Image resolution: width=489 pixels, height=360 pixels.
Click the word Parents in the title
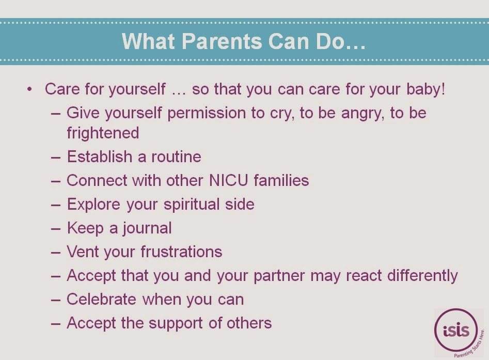click(x=222, y=41)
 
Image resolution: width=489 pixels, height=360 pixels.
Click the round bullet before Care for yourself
click(x=29, y=89)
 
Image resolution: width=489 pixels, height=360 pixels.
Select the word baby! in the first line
click(x=425, y=89)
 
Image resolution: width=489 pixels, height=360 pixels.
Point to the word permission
click(x=207, y=113)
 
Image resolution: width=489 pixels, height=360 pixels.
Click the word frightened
click(x=103, y=133)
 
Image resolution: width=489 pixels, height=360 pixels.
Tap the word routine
click(x=176, y=156)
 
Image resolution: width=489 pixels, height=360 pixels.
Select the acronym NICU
click(x=229, y=180)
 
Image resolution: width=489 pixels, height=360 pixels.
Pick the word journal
click(x=147, y=228)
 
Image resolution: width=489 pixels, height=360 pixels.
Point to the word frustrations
click(x=182, y=252)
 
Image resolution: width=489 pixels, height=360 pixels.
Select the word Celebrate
click(x=101, y=299)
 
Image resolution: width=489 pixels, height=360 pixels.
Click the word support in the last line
click(x=176, y=323)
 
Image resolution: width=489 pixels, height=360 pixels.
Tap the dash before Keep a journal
click(x=56, y=229)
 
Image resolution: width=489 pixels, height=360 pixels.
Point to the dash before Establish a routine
click(x=56, y=157)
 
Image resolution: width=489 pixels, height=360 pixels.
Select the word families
click(x=281, y=180)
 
